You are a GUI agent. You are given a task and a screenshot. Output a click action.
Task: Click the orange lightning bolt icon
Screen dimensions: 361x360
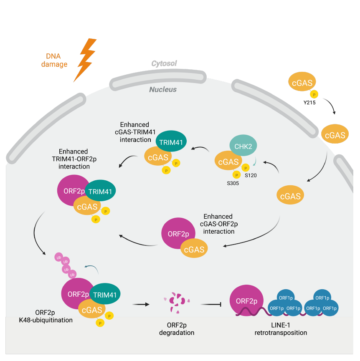click(x=85, y=59)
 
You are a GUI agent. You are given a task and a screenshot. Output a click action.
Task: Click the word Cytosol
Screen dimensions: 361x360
click(x=164, y=63)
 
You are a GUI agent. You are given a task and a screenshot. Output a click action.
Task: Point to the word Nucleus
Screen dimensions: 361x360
click(x=163, y=89)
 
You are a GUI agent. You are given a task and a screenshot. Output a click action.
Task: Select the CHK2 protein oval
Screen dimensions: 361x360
click(x=243, y=146)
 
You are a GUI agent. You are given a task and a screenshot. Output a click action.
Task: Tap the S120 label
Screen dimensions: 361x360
click(x=251, y=175)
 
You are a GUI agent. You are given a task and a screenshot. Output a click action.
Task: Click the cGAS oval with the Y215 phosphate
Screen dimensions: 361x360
click(x=302, y=83)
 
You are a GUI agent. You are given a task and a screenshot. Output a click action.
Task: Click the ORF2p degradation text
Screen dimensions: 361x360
click(x=177, y=329)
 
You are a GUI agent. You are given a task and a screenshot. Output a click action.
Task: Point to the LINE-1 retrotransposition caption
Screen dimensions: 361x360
click(x=281, y=329)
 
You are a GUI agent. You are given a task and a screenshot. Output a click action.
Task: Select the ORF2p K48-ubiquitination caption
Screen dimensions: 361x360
click(x=40, y=316)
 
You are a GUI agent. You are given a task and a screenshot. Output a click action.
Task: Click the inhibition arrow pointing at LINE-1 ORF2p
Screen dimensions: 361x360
click(x=210, y=305)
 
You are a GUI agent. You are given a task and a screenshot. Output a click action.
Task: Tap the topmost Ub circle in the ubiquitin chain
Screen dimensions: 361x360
click(x=59, y=257)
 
